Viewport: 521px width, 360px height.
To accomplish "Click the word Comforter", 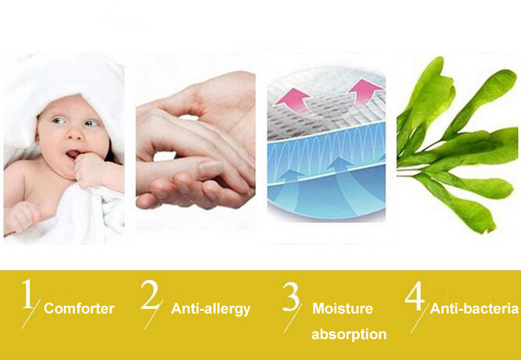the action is (79, 308).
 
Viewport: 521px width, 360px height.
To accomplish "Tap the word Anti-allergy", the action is (210, 309).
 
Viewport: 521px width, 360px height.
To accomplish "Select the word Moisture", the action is (343, 308).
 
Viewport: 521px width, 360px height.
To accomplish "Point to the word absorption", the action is (349, 334).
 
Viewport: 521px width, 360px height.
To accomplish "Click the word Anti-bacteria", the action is (474, 309).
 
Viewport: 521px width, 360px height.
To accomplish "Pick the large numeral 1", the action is (27, 293).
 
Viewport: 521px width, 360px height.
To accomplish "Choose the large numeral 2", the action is (150, 295).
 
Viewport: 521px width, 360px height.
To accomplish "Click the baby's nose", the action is (74, 134).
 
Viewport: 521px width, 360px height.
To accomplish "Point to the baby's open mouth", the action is (73, 154).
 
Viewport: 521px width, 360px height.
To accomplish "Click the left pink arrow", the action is (293, 100).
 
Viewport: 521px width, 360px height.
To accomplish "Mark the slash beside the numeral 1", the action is (31, 314).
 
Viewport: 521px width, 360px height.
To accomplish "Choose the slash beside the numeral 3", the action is (293, 318).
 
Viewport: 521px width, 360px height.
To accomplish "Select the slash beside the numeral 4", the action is (420, 318).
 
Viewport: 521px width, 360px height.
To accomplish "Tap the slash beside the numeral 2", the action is (154, 315).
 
